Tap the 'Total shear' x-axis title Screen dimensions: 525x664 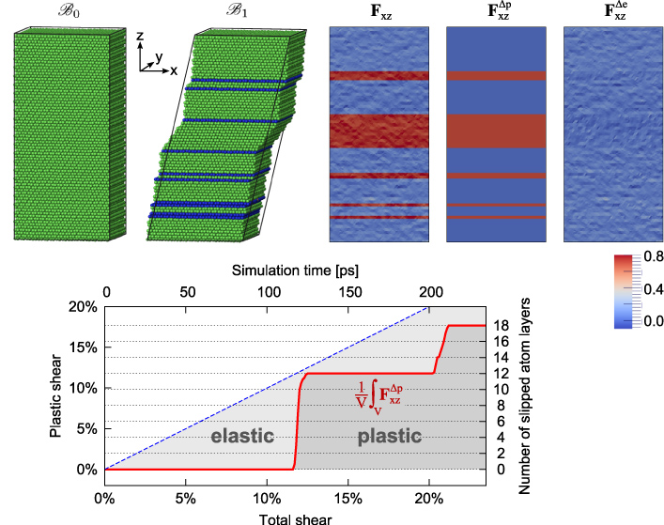point(295,516)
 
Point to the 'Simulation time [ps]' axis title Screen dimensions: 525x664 point(295,270)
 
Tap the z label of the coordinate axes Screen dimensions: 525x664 point(139,36)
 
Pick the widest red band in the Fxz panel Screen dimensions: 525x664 point(378,130)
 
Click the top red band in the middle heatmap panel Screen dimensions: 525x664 point(495,76)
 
